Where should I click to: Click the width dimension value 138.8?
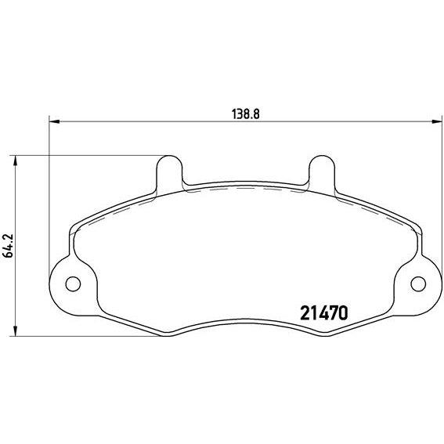[x=246, y=114]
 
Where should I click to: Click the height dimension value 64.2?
[x=8, y=246]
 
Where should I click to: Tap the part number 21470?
[x=323, y=313]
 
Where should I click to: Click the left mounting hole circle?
[x=73, y=283]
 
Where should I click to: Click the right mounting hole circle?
[x=418, y=283]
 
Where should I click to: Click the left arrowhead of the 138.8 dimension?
[x=54, y=121]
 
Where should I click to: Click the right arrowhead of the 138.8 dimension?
[x=437, y=121]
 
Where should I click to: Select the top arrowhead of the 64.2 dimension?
[x=16, y=161]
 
